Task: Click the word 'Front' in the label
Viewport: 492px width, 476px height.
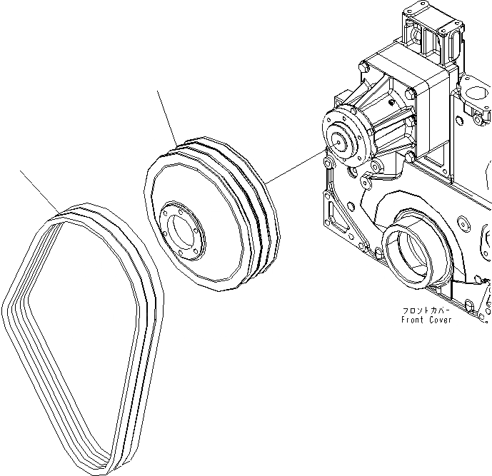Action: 413,320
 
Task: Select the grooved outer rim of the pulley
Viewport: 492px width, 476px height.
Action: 257,207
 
